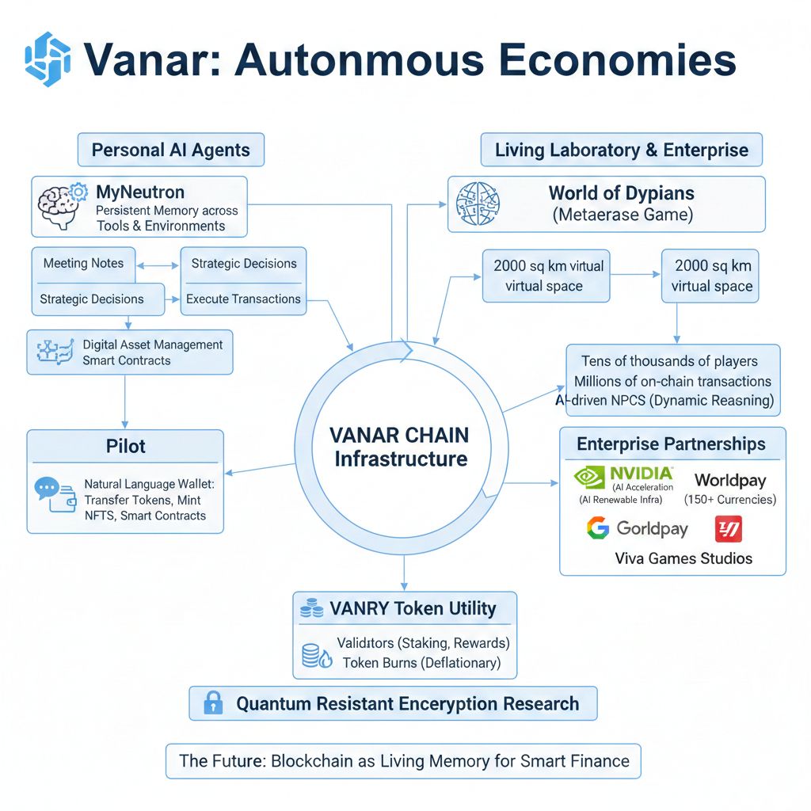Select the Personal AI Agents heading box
pos(170,150)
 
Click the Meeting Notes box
pos(83,264)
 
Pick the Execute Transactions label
pos(243,299)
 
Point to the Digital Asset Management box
pos(130,352)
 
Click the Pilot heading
pos(125,446)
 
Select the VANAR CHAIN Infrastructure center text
pos(401,447)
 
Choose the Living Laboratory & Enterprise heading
pos(622,150)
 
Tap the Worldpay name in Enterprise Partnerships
pos(729,480)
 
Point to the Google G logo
pos(597,528)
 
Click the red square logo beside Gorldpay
pos(728,528)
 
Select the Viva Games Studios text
pos(683,558)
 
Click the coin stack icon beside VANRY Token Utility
pos(312,609)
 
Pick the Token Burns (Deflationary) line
pos(422,662)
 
